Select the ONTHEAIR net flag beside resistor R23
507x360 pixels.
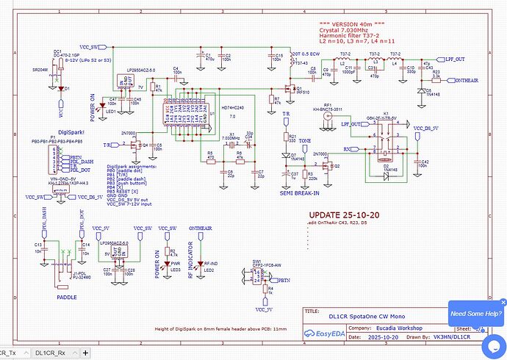(470, 79)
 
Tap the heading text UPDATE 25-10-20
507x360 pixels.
(340, 215)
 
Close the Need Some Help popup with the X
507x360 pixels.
(503, 300)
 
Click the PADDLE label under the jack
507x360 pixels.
(67, 298)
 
